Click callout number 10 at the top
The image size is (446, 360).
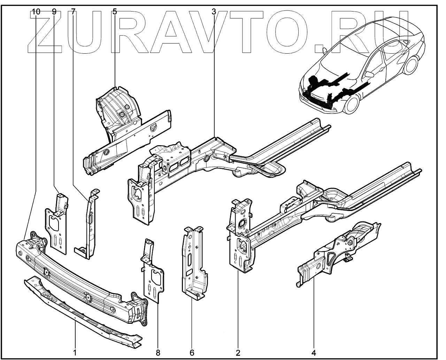(x=36, y=11)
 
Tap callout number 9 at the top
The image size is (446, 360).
(x=54, y=11)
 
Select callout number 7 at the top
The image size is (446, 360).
(x=73, y=11)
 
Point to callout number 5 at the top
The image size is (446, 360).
(x=115, y=11)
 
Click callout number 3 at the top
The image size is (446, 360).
(x=214, y=11)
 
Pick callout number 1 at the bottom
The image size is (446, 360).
(x=75, y=352)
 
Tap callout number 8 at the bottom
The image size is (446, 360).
(x=158, y=352)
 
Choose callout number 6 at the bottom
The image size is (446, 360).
(x=192, y=352)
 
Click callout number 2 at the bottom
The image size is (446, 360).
(x=238, y=352)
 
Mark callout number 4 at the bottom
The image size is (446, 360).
(x=314, y=352)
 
